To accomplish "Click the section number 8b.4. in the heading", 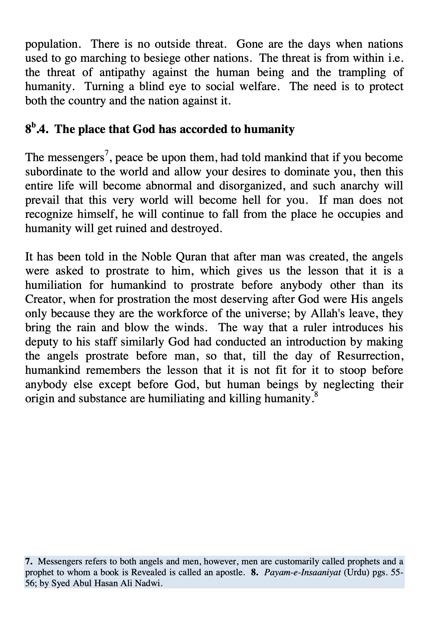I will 37,129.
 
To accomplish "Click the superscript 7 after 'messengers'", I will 107,153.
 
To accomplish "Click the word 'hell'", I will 255,200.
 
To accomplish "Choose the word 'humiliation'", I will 53,285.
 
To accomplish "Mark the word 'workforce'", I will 182,313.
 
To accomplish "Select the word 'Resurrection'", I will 370,356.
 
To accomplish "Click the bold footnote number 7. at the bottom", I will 28,561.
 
